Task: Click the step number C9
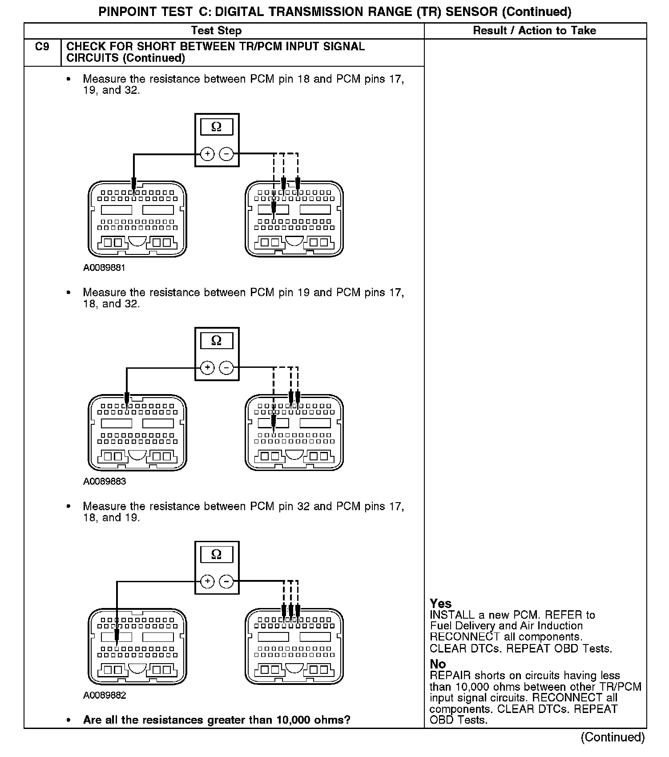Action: (x=42, y=47)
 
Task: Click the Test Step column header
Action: (x=216, y=31)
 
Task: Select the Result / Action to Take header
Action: (x=534, y=31)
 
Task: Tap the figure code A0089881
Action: (x=104, y=268)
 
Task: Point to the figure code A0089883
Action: (x=104, y=481)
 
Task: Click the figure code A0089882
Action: (x=104, y=695)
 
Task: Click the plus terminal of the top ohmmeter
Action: (x=207, y=154)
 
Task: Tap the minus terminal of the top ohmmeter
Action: (x=226, y=154)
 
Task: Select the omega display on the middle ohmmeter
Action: (x=216, y=341)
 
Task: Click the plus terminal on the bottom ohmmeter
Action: (x=207, y=581)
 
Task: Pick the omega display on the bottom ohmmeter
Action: (x=216, y=555)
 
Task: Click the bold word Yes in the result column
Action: (x=440, y=604)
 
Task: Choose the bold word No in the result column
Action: (x=438, y=664)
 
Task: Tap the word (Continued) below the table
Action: (x=613, y=737)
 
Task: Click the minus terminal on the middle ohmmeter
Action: (x=226, y=368)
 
